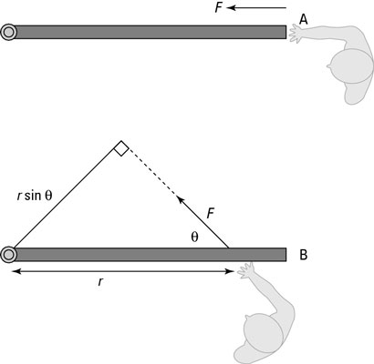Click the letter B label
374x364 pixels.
[303, 255]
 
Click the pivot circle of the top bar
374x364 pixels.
[9, 32]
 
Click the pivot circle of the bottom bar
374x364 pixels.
[9, 254]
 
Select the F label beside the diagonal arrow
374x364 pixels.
[210, 213]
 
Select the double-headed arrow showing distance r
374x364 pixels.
[119, 271]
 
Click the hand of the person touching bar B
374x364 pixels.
[244, 269]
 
